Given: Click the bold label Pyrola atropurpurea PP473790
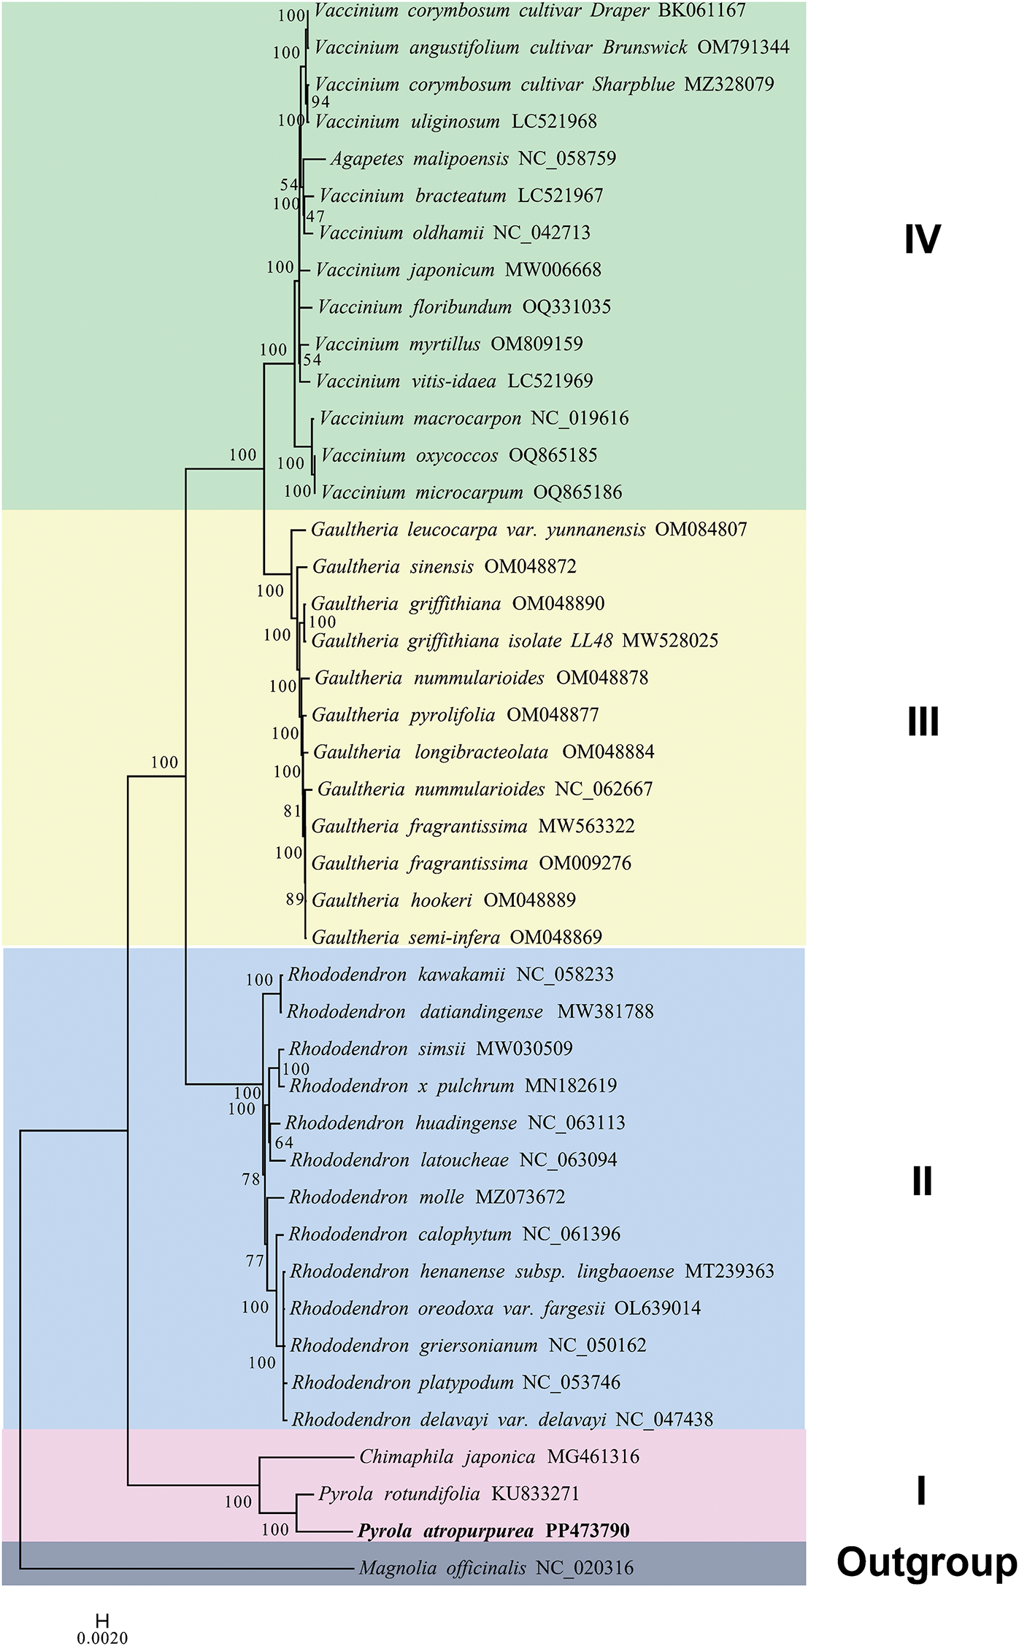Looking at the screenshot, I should [x=493, y=1531].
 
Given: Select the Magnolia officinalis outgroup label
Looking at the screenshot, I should [x=496, y=1568].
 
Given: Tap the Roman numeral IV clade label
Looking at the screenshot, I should [x=922, y=239].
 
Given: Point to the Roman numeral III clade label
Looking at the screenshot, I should [x=923, y=722].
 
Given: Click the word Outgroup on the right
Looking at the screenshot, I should [x=926, y=1562].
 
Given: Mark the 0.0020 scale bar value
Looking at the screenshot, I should [x=102, y=1638].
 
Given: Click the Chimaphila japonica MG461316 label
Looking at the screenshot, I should [x=499, y=1457].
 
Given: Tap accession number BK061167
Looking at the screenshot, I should [x=702, y=10].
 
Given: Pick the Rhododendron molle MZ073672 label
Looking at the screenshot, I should [x=427, y=1197].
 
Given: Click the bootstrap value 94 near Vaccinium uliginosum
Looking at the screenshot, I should [x=320, y=102].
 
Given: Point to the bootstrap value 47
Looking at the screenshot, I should [x=315, y=216].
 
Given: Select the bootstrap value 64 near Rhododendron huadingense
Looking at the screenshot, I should [x=284, y=1143].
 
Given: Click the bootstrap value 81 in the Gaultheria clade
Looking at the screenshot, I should [x=292, y=811].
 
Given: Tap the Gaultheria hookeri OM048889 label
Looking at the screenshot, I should [x=444, y=900].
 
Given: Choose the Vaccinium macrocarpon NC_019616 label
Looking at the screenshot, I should [x=474, y=418].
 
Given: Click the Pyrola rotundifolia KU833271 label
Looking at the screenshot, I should [x=448, y=1494].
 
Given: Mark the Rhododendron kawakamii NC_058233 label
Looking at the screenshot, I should [x=450, y=975].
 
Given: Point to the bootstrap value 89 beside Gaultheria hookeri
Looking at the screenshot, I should [x=294, y=899].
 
